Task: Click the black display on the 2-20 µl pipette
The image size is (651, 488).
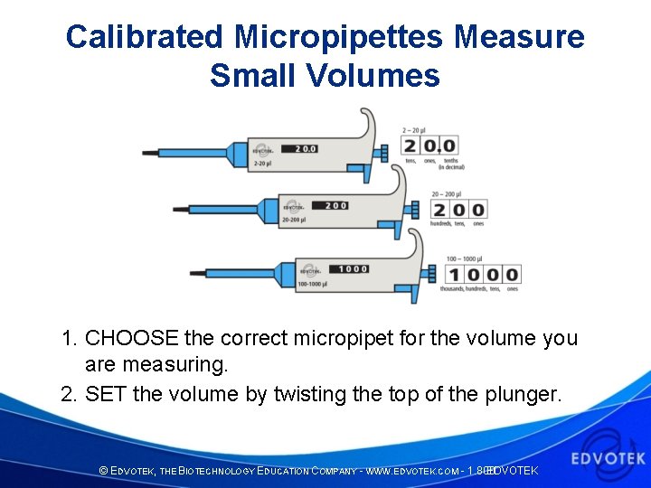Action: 297,147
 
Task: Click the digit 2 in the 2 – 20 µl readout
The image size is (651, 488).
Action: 411,145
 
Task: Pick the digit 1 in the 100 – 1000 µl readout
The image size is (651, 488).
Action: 454,274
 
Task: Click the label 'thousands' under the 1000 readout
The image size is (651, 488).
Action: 458,289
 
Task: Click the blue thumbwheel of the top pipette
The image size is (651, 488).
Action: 382,149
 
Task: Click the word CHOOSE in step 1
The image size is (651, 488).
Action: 131,339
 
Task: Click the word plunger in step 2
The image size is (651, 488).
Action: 524,395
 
